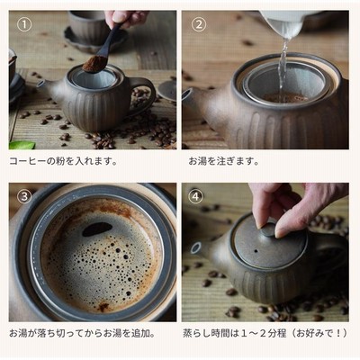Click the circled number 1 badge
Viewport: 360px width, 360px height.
[24, 25]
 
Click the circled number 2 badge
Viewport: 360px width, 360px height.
[199, 25]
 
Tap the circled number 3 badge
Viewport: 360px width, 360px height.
[24, 196]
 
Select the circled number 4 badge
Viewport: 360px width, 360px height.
[195, 196]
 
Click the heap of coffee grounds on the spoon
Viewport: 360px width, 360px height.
[93, 64]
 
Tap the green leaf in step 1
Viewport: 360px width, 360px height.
[22, 145]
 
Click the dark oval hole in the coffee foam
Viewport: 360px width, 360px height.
[97, 229]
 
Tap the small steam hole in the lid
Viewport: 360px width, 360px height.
[256, 250]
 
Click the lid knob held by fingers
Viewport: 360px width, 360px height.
[267, 230]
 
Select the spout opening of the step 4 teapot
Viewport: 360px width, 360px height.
[196, 247]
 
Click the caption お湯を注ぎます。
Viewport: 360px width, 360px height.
[224, 161]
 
